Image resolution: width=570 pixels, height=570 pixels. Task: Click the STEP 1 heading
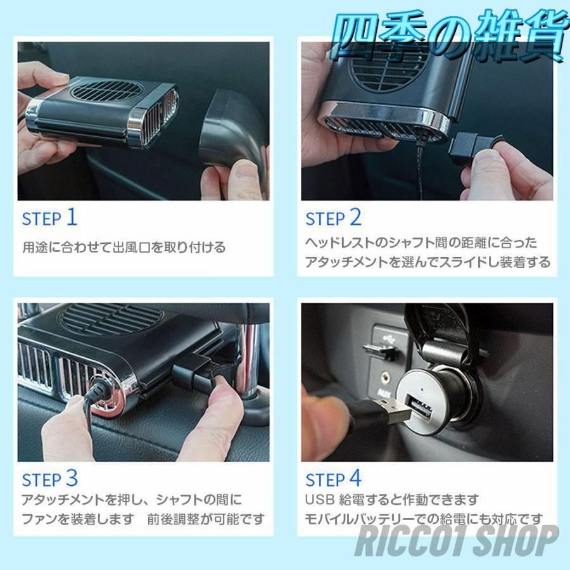(50, 218)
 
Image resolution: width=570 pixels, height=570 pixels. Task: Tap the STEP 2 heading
(333, 218)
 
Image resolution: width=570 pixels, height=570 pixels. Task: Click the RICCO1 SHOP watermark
(457, 541)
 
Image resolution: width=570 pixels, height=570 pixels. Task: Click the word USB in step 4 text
(320, 500)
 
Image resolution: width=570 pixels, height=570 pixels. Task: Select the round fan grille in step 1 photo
(105, 90)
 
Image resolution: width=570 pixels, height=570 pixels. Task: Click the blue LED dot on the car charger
(422, 390)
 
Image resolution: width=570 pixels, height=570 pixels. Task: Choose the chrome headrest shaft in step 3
(250, 360)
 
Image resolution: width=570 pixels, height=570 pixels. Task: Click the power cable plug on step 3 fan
(98, 392)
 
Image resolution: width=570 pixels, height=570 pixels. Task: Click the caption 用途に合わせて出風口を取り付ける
(124, 248)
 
